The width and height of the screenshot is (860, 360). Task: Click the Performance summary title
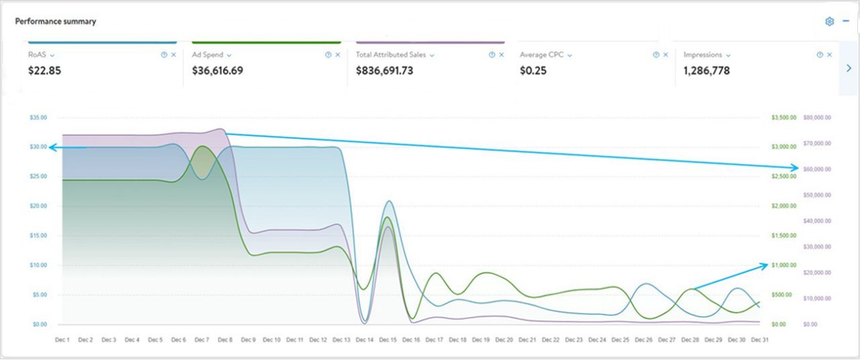pyautogui.click(x=56, y=21)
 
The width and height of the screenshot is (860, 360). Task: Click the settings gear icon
pyautogui.click(x=830, y=21)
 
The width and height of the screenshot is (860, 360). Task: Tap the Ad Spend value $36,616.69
pyautogui.click(x=218, y=71)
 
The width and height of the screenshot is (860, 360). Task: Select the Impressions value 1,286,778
pyautogui.click(x=706, y=71)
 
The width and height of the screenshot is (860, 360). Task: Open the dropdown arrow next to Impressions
pyautogui.click(x=728, y=55)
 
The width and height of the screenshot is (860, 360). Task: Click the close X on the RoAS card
pyautogui.click(x=173, y=55)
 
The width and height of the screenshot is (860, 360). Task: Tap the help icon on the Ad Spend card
pyautogui.click(x=328, y=55)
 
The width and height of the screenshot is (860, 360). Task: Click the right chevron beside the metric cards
pyautogui.click(x=849, y=68)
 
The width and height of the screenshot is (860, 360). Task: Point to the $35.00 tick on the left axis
pyautogui.click(x=38, y=118)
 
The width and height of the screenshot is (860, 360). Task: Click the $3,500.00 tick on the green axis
pyautogui.click(x=783, y=118)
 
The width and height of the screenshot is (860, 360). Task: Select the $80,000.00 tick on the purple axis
pyautogui.click(x=817, y=118)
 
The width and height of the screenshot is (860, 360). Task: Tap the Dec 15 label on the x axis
pyautogui.click(x=388, y=341)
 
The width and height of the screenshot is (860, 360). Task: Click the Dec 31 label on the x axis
pyautogui.click(x=760, y=341)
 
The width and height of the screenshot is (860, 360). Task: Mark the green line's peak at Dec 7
pyautogui.click(x=202, y=146)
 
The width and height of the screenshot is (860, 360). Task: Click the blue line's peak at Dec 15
pyautogui.click(x=389, y=201)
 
